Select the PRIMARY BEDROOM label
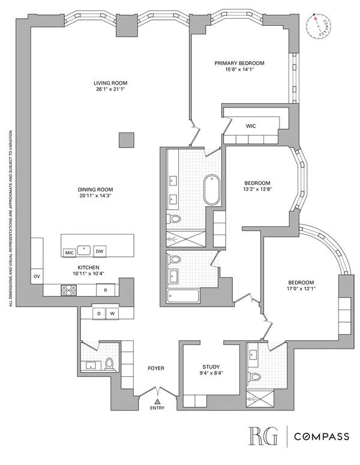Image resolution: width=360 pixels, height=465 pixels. [x=239, y=62]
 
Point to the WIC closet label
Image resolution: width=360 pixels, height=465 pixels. [x=251, y=127]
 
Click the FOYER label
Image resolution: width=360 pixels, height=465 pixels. [x=157, y=368]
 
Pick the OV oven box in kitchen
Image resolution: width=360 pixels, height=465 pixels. [x=37, y=277]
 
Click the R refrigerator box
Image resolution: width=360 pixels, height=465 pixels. [x=106, y=290]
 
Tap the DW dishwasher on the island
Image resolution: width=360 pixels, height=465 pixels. [x=101, y=251]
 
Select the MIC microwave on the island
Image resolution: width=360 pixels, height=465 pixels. [x=69, y=252]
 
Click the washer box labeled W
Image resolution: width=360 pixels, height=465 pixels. [x=111, y=313]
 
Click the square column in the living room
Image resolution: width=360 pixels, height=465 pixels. [x=126, y=140]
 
